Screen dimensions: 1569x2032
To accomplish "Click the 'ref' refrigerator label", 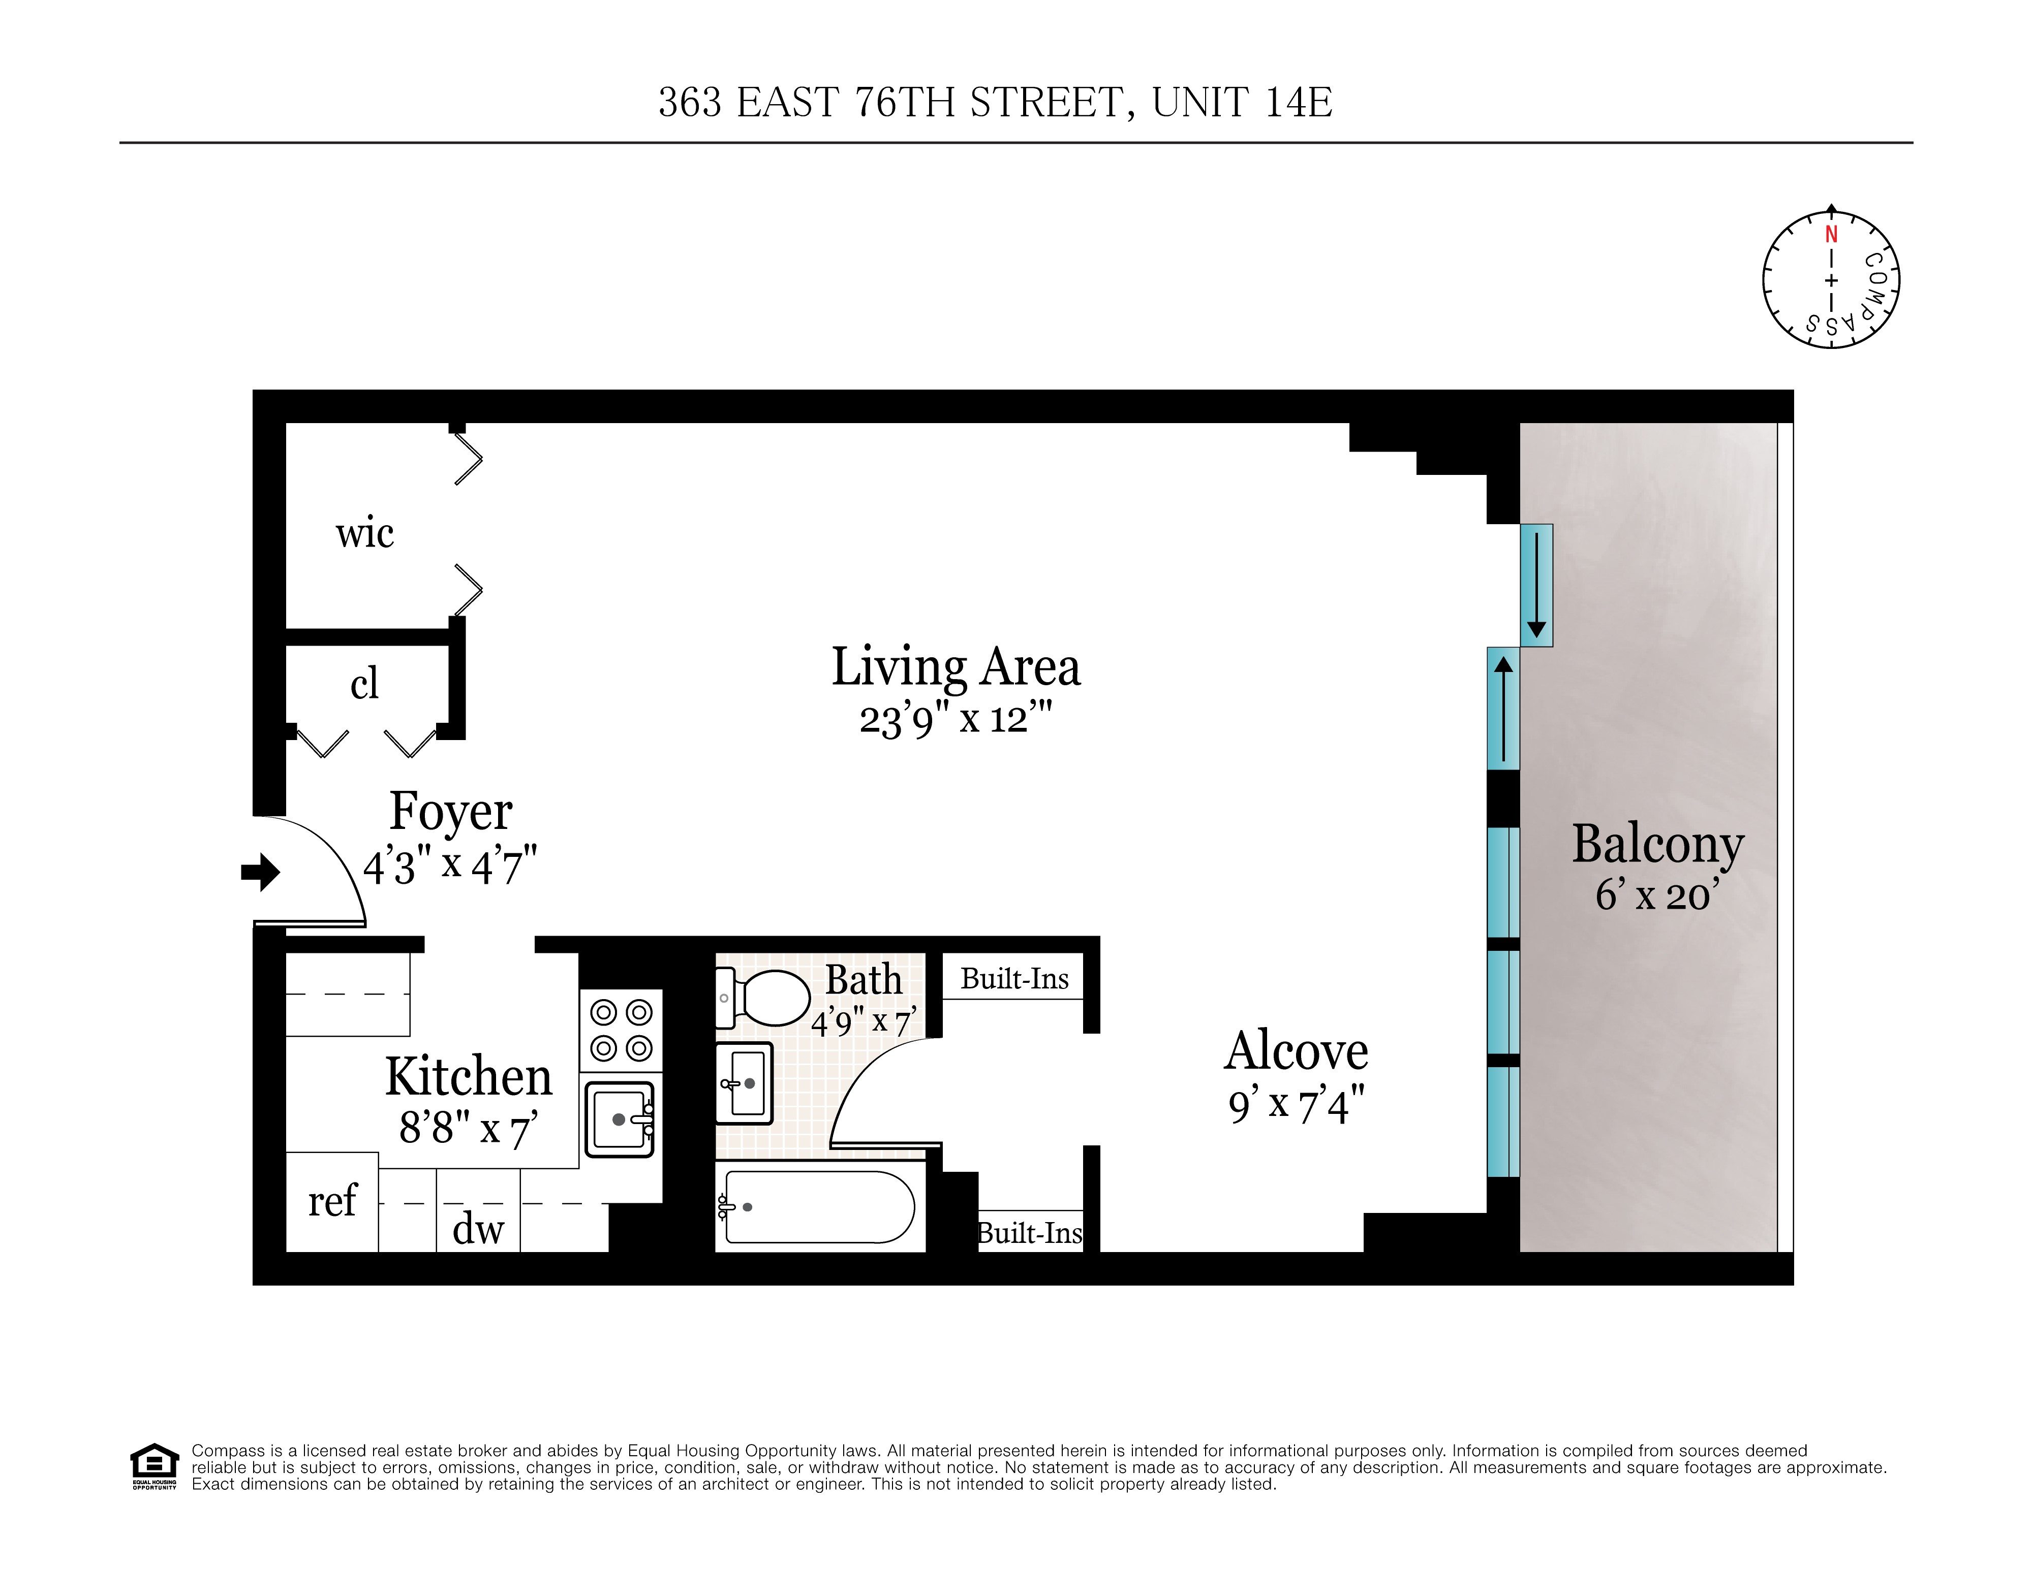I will (332, 1201).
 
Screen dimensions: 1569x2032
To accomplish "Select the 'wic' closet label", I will (365, 533).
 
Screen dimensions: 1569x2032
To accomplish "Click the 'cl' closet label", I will (364, 684).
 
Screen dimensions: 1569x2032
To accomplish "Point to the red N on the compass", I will (1831, 234).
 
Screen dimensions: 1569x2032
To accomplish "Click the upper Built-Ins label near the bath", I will (1014, 978).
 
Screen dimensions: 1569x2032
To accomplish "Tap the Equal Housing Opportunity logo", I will (153, 1467).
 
